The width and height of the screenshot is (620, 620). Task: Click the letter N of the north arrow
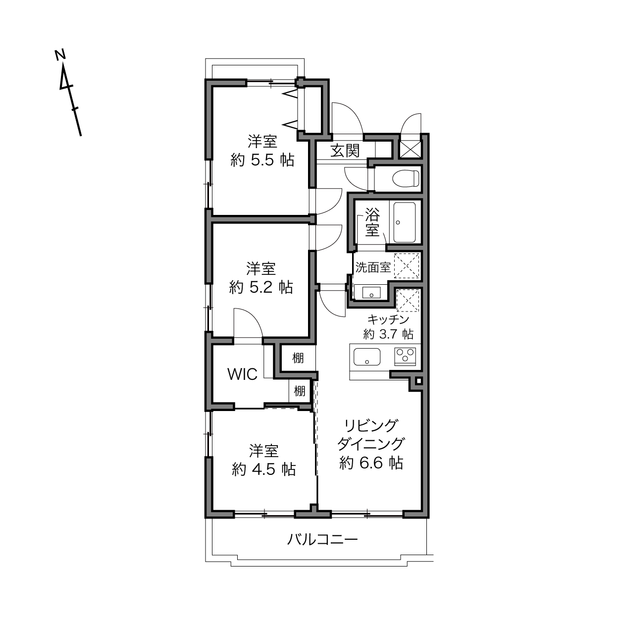point(60,55)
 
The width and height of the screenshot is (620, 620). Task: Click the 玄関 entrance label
point(345,151)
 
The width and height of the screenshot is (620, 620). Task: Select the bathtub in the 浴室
point(405,222)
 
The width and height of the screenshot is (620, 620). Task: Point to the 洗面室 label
point(373,267)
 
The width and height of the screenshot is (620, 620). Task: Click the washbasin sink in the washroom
point(371,293)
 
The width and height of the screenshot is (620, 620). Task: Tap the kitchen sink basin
point(367,357)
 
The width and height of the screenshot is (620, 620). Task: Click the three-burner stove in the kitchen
point(405,357)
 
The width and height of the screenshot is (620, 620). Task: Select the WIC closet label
point(242,374)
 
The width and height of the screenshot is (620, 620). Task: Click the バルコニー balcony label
point(322,539)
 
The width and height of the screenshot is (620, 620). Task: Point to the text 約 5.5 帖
point(262,160)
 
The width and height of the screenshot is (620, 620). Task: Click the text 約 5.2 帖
point(261,287)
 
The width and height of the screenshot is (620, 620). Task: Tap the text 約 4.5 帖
point(263,469)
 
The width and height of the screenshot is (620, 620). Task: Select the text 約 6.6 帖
point(371,464)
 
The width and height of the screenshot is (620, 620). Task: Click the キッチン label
point(388,319)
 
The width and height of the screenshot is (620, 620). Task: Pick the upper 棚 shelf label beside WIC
point(298,358)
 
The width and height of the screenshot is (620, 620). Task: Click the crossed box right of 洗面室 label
point(407,266)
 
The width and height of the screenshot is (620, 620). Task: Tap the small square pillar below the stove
point(418,381)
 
